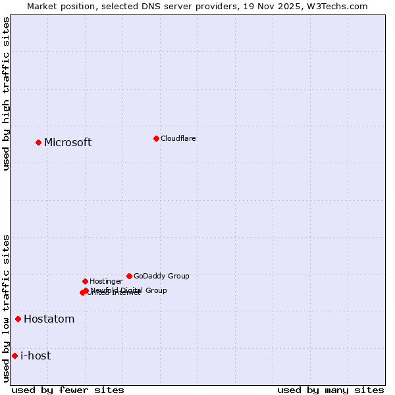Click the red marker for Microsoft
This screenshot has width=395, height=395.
(38, 142)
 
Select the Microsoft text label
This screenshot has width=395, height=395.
(68, 143)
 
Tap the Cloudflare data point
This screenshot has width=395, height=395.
(156, 138)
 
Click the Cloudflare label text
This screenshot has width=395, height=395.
(178, 138)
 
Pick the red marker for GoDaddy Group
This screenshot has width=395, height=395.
(129, 276)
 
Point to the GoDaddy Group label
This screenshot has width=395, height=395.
(161, 276)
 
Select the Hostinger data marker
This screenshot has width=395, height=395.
(85, 281)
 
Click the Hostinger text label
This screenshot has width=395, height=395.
(106, 281)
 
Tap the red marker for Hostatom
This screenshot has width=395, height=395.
(18, 319)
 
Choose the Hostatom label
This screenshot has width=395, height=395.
(49, 319)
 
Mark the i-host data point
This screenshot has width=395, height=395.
(14, 356)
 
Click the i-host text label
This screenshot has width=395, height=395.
(36, 356)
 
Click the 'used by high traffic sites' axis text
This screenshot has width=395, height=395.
(6, 93)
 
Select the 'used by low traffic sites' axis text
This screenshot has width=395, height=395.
(6, 308)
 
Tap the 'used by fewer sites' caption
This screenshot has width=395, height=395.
(68, 390)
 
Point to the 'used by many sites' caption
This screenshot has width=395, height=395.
(330, 390)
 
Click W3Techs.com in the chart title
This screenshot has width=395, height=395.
(338, 6)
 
